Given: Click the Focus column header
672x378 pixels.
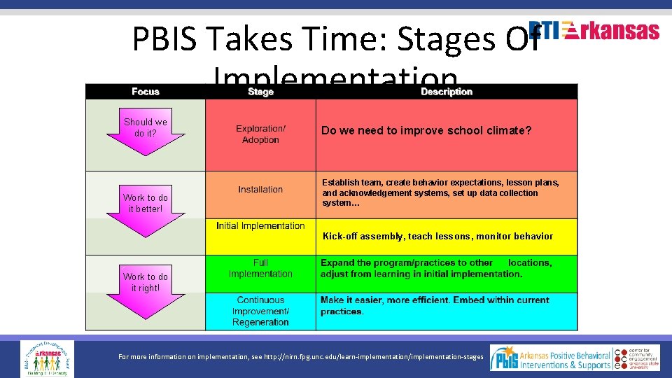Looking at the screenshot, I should click(146, 92).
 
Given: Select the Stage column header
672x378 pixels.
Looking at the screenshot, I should click(260, 92).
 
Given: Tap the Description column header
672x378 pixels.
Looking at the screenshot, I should click(447, 92).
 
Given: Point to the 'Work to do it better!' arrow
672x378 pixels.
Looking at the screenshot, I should click(146, 207).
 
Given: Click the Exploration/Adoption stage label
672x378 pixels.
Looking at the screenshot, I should click(260, 134).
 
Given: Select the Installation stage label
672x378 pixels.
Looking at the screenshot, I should click(260, 190).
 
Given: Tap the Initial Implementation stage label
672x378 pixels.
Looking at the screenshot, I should click(260, 226).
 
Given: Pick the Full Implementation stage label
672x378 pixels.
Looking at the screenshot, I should click(260, 268).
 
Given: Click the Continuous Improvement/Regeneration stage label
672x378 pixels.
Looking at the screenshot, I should click(260, 311).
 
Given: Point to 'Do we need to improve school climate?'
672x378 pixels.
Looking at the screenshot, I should click(426, 131).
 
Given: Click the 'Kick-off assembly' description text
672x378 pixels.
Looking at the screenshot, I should click(437, 237).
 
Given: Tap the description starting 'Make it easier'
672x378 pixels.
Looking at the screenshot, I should click(435, 306).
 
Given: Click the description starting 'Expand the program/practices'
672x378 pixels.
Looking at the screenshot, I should click(436, 268).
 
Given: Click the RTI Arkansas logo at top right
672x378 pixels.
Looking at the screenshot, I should click(594, 31).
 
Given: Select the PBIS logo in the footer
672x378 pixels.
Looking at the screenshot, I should click(505, 358).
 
